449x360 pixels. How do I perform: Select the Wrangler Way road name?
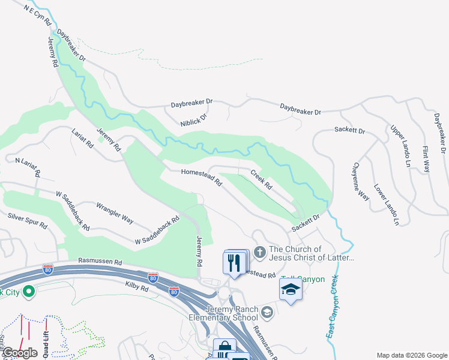coord(115,212)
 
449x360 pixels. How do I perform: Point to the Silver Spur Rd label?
coord(27,220)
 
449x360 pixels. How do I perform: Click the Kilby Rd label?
coord(137,287)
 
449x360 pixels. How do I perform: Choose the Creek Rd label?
coord(261,179)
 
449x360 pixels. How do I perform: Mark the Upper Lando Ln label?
coord(400,146)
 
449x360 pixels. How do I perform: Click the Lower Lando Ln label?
coord(386,205)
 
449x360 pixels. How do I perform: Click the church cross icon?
coord(260,253)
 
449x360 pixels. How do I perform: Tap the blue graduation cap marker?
coord(291,290)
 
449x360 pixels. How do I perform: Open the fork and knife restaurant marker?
coord(234,263)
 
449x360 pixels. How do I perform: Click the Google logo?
coord(20,353)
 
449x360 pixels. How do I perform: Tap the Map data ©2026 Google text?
coord(411,355)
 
